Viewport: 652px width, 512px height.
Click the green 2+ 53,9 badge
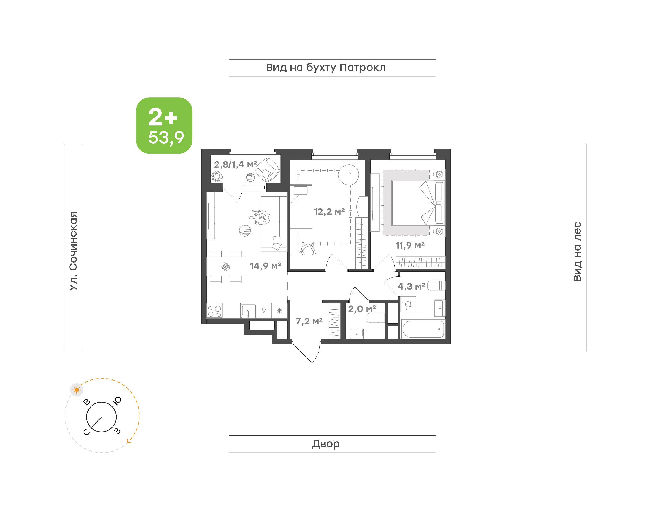164,125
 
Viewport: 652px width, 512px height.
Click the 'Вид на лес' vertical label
577,251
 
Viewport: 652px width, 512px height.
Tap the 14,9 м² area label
266,266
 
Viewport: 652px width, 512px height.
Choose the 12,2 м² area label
329,212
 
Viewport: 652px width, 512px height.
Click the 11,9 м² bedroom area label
410,246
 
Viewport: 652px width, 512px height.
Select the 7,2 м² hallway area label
309,321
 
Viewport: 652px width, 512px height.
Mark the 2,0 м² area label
362,309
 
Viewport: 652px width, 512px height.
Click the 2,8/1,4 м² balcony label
235,164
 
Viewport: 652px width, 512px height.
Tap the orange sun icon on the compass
77,390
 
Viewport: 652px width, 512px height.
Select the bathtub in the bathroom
423,329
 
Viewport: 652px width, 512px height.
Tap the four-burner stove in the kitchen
214,311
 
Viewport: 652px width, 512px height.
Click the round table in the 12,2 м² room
348,175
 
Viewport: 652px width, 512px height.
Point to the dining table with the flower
226,266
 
